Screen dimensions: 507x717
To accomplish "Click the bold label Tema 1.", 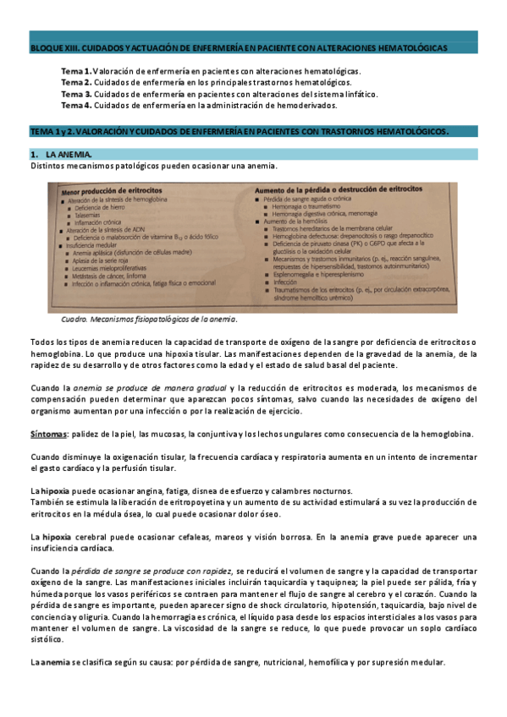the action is (x=76, y=71).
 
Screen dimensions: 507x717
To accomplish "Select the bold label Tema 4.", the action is (x=76, y=106).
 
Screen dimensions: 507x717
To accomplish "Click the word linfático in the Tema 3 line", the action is (x=358, y=94).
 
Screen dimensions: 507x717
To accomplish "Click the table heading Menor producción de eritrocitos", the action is (x=110, y=193).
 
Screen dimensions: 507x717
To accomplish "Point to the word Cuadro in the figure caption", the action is (x=77, y=320).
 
